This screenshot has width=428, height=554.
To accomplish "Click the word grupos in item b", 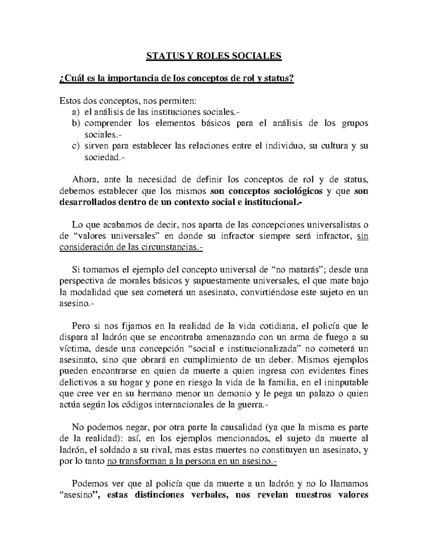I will (355, 123).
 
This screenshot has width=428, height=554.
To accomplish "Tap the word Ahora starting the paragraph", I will (83, 179).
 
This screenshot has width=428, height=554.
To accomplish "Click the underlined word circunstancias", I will (170, 247).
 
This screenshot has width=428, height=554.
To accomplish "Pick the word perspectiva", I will (80, 281).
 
